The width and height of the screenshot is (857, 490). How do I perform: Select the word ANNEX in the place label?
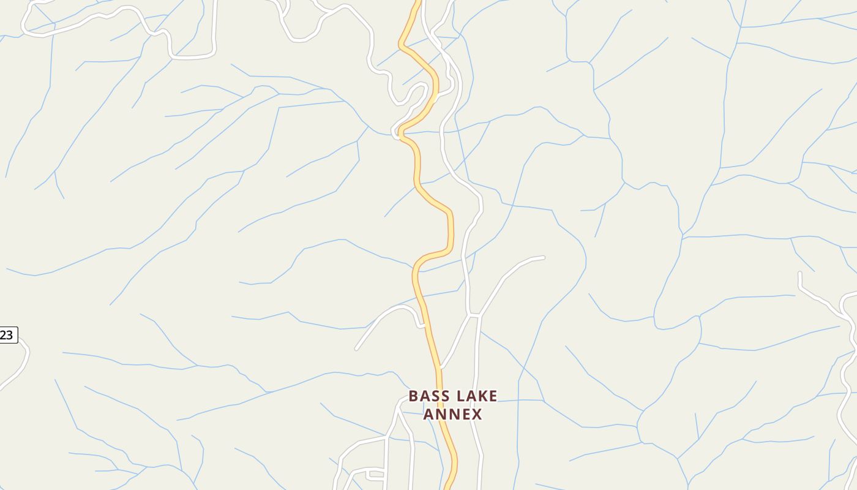[x=453, y=415]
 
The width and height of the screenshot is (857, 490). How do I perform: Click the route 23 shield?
[x=7, y=335]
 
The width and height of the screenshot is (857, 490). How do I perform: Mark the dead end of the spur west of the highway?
[x=356, y=349]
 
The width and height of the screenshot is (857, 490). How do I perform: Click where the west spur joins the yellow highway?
[x=425, y=326]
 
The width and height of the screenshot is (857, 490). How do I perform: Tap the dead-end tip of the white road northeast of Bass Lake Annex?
[x=543, y=258]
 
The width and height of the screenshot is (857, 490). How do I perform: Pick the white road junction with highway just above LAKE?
[x=441, y=367]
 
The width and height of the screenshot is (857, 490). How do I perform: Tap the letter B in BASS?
[x=413, y=396]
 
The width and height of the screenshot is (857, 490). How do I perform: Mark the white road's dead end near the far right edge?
[x=799, y=273]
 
